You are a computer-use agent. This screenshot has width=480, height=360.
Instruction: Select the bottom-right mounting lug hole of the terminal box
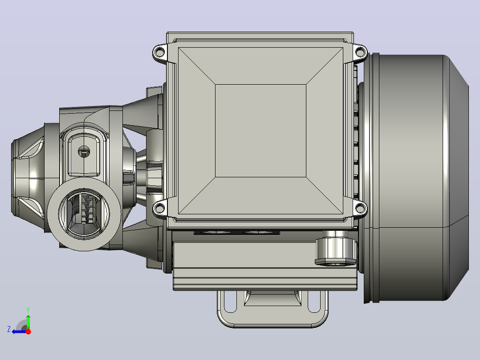coord(361,209)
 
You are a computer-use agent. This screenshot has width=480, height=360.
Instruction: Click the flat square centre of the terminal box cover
coord(260,131)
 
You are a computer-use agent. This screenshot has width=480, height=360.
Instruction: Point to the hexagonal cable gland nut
coord(336,248)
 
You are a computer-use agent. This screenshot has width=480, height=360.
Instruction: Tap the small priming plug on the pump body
coord(84,151)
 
